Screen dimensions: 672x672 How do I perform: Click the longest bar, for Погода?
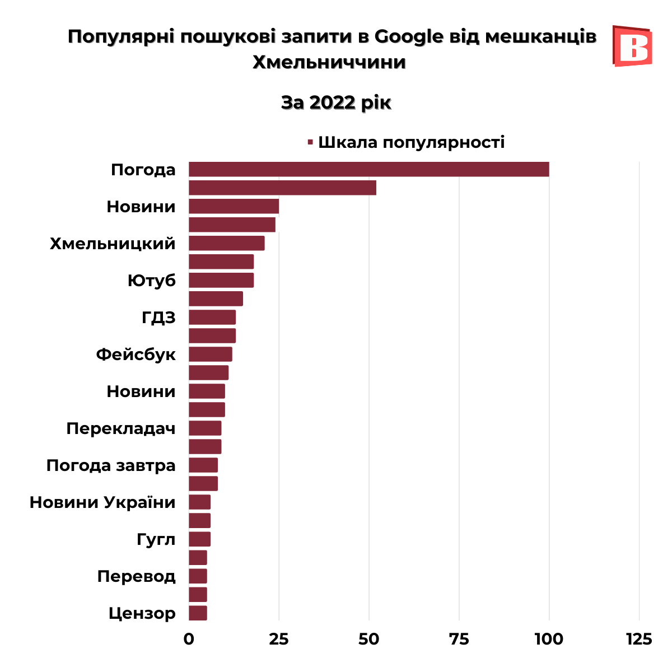(368, 169)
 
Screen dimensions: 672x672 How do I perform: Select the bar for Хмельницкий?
(226, 243)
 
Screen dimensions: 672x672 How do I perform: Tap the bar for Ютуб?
(221, 280)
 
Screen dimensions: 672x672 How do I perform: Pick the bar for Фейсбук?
(210, 354)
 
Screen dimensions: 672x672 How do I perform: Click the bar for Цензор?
(198, 613)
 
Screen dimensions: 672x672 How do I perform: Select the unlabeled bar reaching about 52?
(282, 188)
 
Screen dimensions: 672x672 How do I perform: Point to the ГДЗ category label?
(158, 318)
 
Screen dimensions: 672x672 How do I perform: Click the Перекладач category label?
(121, 428)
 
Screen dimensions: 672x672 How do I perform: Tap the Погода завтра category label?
(111, 465)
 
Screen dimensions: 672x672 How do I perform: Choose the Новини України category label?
(102, 502)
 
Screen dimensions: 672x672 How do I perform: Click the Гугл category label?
(156, 539)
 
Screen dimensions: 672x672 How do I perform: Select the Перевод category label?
(136, 576)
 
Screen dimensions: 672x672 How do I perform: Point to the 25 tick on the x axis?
(279, 638)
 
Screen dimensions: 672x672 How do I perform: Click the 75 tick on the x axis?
(459, 638)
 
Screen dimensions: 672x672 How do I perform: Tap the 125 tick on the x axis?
(639, 638)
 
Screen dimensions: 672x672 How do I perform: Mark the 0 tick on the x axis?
(189, 638)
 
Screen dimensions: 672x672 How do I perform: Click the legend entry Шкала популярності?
(411, 142)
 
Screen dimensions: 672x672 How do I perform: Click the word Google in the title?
(408, 36)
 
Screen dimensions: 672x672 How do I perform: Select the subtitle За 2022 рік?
(335, 102)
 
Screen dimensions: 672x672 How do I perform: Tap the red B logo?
(632, 46)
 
